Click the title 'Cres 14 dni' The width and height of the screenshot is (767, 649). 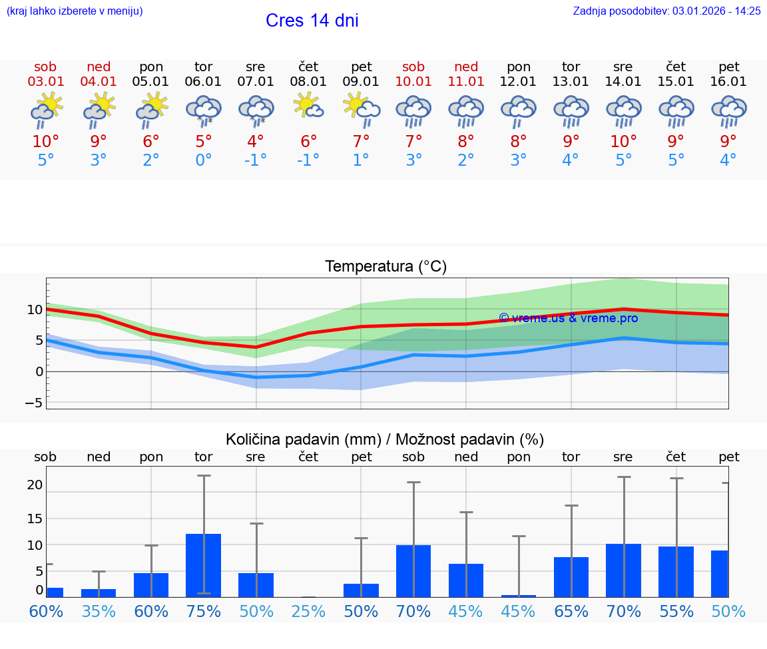click(312, 21)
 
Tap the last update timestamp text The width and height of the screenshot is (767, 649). click(666, 11)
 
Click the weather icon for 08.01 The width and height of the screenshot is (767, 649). click(308, 107)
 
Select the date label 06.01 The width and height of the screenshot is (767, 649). click(203, 81)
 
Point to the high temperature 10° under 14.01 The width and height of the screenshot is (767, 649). click(623, 141)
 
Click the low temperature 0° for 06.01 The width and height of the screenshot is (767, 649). click(203, 160)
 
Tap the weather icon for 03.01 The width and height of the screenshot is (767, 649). click(45, 110)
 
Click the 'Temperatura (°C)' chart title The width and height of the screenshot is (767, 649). click(385, 267)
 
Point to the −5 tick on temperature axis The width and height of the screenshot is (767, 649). click(34, 403)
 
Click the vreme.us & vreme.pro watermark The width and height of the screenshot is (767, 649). click(568, 318)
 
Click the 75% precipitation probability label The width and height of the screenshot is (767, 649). click(203, 612)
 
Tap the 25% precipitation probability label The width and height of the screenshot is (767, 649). click(308, 612)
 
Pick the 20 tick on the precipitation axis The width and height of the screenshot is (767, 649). click(35, 485)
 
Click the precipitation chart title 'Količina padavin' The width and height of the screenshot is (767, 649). click(385, 439)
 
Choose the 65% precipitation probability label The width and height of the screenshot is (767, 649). click(571, 612)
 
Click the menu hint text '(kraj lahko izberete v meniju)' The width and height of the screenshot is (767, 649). click(75, 11)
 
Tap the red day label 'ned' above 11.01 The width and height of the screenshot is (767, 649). click(466, 67)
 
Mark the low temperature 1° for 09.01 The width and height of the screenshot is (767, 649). click(361, 160)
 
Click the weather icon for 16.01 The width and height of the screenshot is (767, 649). click(728, 110)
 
